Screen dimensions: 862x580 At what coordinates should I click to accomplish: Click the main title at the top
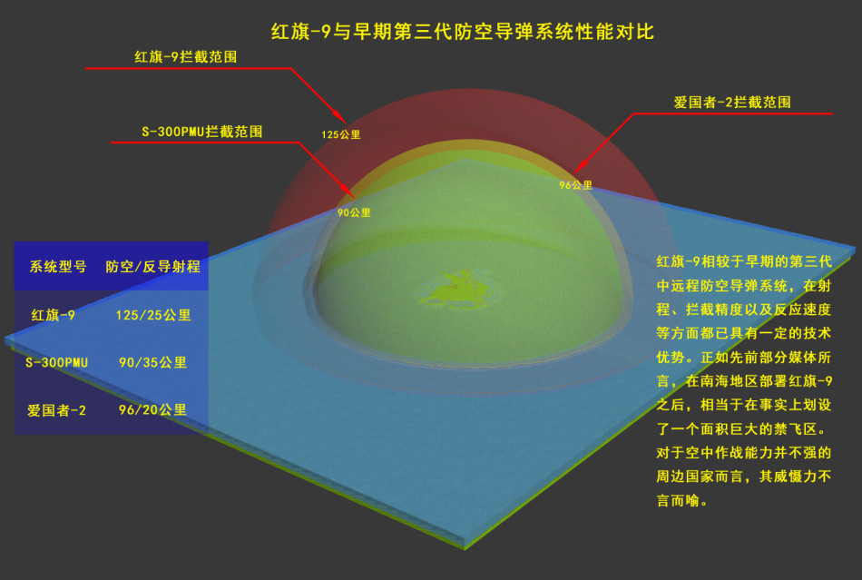coord(463,32)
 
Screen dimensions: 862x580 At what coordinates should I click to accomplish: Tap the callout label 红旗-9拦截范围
coord(186,56)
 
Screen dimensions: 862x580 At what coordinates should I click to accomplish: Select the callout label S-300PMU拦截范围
coord(202,132)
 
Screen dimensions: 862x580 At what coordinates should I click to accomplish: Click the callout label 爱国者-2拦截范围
coord(732,103)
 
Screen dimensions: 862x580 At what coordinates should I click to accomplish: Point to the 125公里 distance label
coord(341,134)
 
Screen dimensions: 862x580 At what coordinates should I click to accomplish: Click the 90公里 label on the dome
coord(354,212)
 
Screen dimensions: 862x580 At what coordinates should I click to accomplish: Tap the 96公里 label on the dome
coord(575,185)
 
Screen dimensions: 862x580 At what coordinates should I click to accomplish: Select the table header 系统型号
coord(58,267)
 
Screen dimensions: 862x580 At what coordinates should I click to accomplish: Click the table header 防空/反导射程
coord(152,267)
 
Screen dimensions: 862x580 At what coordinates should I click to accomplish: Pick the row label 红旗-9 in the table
coord(54,315)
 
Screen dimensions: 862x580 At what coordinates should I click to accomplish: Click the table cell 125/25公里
coord(153,315)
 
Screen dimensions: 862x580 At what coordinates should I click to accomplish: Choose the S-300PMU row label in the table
coord(56,363)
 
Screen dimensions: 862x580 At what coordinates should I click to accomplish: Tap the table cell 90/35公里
coord(152,363)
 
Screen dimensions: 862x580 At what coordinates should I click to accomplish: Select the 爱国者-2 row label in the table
coord(56,410)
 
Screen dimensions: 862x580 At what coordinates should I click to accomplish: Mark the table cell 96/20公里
coord(152,410)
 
